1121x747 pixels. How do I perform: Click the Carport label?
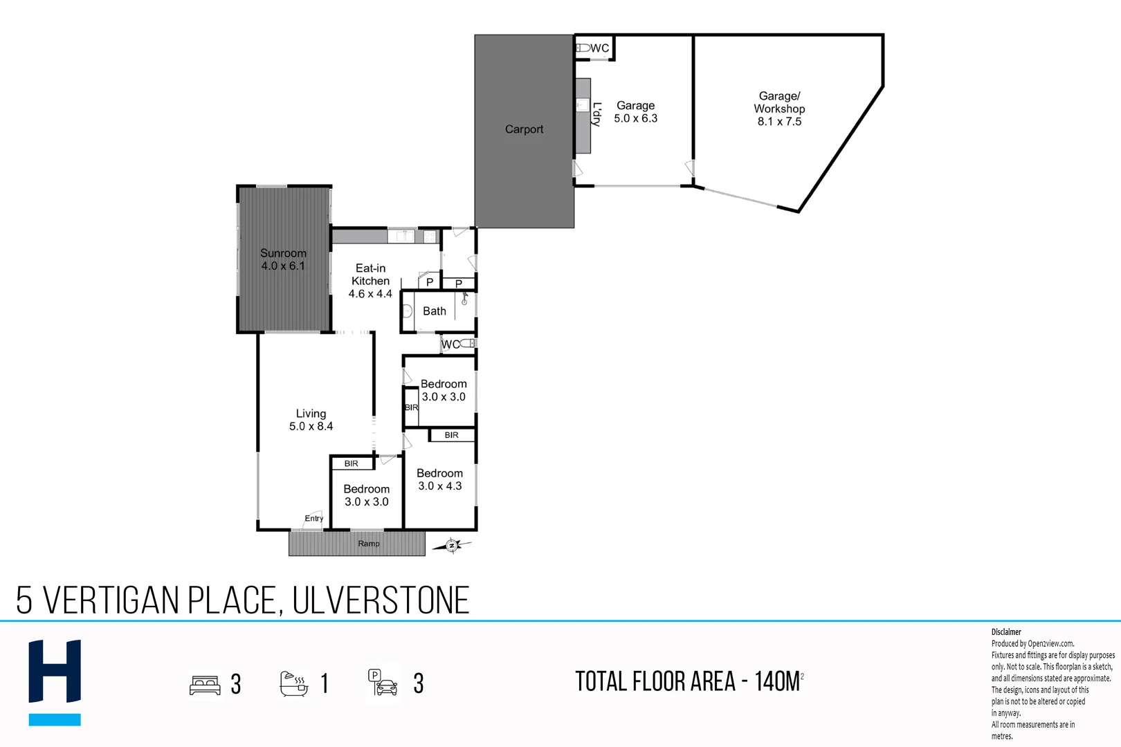[524, 129]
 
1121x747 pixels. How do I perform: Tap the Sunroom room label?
[283, 259]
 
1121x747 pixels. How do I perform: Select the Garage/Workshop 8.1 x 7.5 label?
[779, 109]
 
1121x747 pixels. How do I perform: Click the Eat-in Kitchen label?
[370, 281]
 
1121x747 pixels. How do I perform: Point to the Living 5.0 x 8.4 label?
[311, 420]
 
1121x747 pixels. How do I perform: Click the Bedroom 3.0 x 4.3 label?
[439, 479]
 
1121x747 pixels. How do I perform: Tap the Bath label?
[435, 311]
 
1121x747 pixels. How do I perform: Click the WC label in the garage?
[600, 48]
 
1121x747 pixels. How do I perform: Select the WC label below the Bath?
[450, 344]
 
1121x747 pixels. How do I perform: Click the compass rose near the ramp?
[452, 546]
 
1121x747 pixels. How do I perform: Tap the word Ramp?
[369, 544]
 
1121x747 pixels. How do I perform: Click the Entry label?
[314, 518]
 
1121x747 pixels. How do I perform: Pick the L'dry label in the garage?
[596, 114]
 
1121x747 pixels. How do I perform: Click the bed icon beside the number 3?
[205, 685]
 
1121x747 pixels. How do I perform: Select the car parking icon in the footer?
[383, 683]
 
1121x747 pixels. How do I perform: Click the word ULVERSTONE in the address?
[381, 600]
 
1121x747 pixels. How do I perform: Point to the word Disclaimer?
[1006, 631]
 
